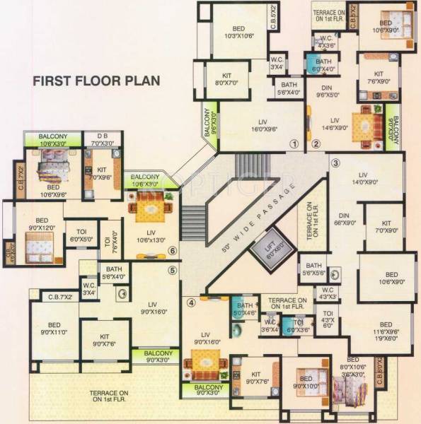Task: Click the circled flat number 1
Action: click(292, 144)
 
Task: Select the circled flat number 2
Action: click(316, 144)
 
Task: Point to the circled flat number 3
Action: click(335, 164)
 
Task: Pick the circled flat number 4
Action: click(191, 304)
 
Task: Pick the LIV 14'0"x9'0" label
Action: click(364, 178)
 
